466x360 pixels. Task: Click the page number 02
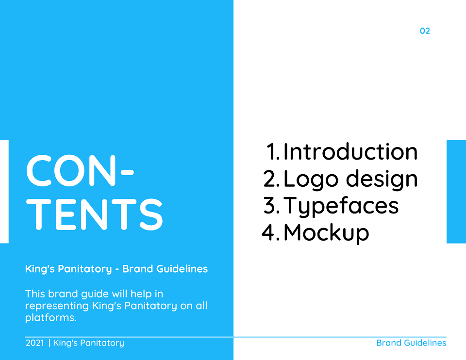(425, 31)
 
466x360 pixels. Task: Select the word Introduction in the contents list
(350, 152)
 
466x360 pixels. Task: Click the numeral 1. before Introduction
(273, 152)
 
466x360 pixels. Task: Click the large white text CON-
(80, 170)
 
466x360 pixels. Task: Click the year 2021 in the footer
(35, 343)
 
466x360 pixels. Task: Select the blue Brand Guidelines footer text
(411, 343)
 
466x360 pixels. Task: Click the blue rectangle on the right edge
(456, 192)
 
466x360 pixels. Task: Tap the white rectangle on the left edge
(4, 192)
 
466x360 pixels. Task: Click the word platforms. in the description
(51, 318)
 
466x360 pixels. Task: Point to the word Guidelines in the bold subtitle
(182, 269)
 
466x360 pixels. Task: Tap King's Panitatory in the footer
(88, 343)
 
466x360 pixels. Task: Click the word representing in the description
(57, 306)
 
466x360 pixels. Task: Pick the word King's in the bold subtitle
(40, 269)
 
